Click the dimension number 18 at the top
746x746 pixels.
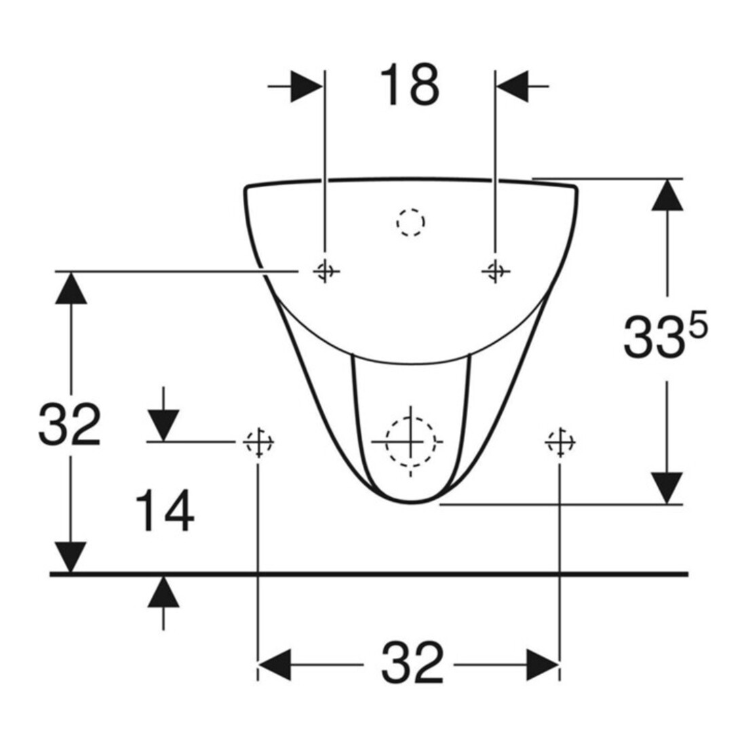click(410, 85)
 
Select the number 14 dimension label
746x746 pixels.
click(165, 511)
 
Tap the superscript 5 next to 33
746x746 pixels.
click(698, 328)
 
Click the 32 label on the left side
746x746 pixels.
click(69, 425)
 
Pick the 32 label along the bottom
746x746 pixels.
click(412, 663)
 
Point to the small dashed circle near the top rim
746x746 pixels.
click(410, 222)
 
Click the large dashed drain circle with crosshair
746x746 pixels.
click(410, 441)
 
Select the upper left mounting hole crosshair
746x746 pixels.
click(326, 271)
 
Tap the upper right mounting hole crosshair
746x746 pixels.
click(495, 271)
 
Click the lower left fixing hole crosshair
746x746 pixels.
click(258, 442)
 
